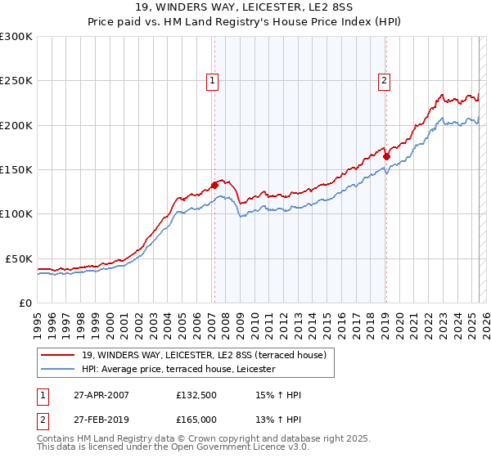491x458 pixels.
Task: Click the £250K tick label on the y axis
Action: pyautogui.click(x=16, y=81)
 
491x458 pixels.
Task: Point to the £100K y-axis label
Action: pyautogui.click(x=16, y=213)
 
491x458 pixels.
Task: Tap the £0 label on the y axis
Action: pyautogui.click(x=24, y=303)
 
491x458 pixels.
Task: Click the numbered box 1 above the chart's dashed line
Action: pyautogui.click(x=213, y=80)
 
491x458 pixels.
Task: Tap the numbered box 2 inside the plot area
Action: pyautogui.click(x=384, y=80)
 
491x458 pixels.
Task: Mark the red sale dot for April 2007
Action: pyautogui.click(x=214, y=185)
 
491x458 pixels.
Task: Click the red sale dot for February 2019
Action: pyautogui.click(x=386, y=156)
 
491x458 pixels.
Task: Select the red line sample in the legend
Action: pyautogui.click(x=58, y=355)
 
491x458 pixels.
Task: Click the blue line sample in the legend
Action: pyautogui.click(x=58, y=369)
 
